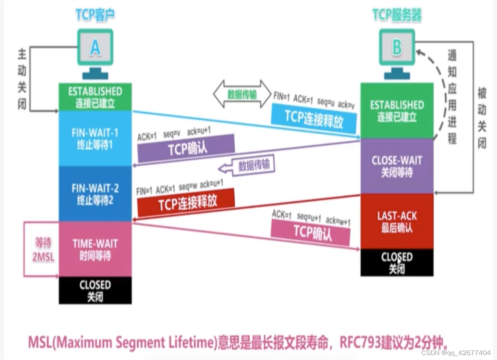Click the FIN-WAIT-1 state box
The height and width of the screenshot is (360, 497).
95,138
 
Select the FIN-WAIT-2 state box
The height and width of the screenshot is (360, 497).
95,193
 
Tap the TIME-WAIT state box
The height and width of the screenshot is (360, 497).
95,249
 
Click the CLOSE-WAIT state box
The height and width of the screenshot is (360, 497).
396,166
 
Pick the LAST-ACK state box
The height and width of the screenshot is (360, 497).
396,221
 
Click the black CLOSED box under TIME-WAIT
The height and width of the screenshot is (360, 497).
95,290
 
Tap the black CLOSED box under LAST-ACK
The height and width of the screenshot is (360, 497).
396,262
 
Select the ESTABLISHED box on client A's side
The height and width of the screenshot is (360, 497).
95,97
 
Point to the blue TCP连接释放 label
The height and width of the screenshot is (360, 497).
313,119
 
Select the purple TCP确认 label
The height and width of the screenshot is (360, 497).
187,148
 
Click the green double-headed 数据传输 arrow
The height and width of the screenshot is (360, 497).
242,94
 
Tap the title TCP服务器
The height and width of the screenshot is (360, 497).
396,15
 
